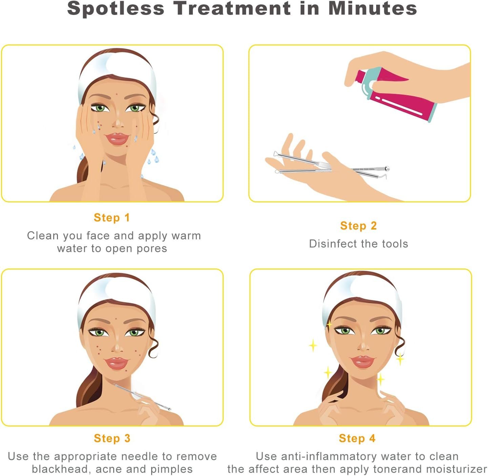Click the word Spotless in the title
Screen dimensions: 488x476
[x=116, y=9]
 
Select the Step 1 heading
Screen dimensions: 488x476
[x=112, y=218]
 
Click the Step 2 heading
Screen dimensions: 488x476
[x=358, y=225]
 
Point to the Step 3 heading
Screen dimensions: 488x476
[x=112, y=438]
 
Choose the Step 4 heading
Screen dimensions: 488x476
[x=357, y=438]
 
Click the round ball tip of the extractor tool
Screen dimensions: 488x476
[x=387, y=168]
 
